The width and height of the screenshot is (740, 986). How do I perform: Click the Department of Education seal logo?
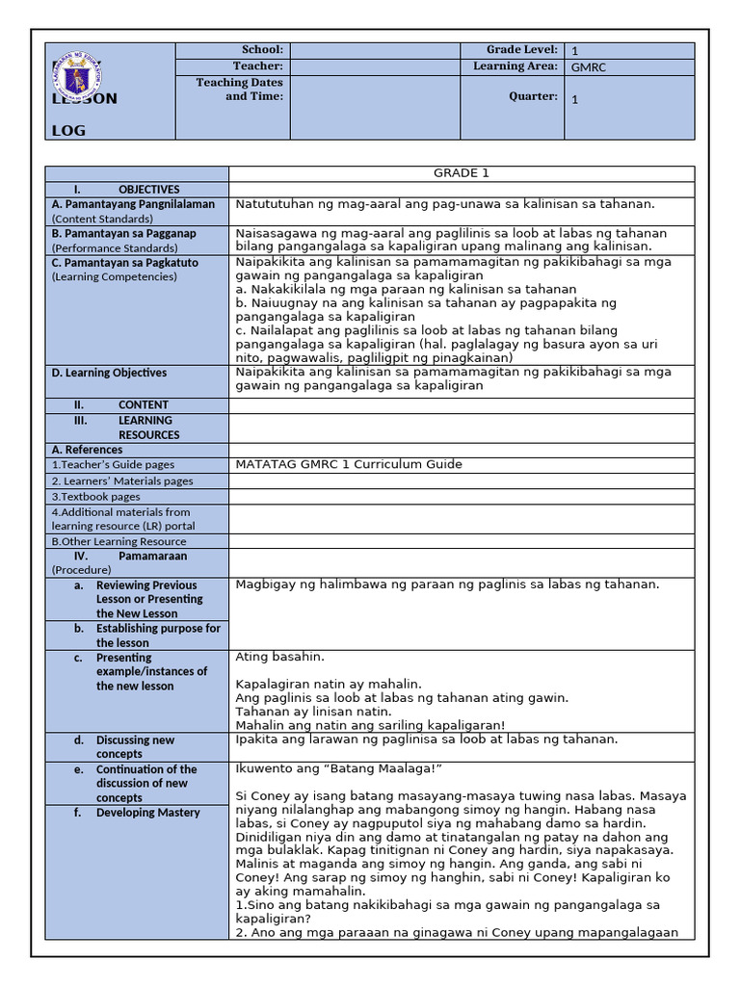coord(82,73)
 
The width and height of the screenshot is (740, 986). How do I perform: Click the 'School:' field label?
coord(262,50)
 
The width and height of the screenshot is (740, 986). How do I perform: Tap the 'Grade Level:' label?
coord(521,50)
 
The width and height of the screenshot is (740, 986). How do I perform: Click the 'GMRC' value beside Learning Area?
coord(588,67)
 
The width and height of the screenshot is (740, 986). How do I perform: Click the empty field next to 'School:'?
coord(375,50)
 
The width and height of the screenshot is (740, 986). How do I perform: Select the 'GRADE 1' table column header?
coord(461,173)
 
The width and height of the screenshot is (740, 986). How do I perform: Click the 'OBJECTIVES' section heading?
coord(148,190)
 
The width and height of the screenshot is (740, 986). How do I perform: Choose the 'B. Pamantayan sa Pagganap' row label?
coord(123,233)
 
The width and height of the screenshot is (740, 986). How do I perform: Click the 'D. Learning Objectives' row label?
coord(109,373)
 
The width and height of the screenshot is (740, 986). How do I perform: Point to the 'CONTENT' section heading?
coord(144,405)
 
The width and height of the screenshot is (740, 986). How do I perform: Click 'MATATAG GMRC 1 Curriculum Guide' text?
coord(349,464)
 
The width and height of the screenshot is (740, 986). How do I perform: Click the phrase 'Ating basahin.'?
coord(273,657)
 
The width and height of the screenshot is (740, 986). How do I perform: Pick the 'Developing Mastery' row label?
coord(147,813)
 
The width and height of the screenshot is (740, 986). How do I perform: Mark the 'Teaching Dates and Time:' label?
coord(240,90)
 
